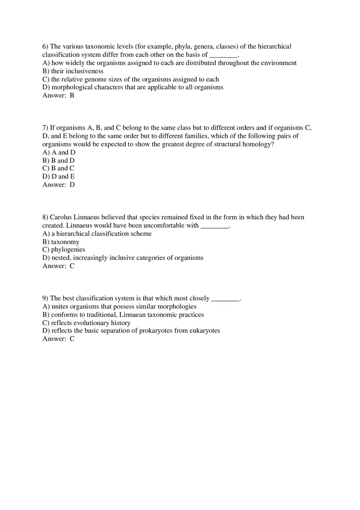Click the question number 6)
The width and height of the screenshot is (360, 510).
click(45, 47)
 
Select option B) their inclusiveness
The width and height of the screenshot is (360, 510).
click(73, 71)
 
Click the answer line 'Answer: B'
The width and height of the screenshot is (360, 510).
click(58, 96)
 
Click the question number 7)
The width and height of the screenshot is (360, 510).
click(45, 128)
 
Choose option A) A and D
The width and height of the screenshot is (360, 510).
click(59, 152)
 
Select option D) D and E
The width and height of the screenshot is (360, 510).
click(59, 176)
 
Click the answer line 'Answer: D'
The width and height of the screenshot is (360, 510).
click(59, 184)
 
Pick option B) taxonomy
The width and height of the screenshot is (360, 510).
click(61, 242)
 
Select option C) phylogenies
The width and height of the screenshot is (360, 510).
click(64, 249)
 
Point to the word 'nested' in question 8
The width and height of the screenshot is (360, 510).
click(61, 258)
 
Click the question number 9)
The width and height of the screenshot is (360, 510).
click(45, 298)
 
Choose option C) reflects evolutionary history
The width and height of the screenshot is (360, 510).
click(86, 323)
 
